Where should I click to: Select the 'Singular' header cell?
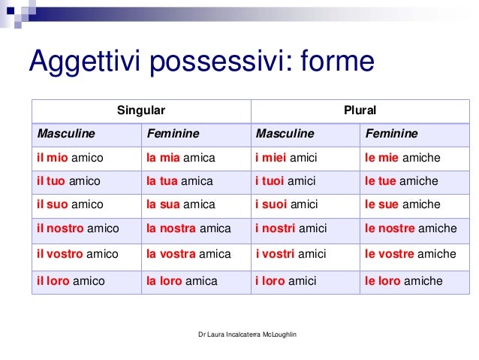click(140, 110)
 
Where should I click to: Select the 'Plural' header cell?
click(359, 110)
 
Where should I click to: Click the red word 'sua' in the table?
click(169, 204)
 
